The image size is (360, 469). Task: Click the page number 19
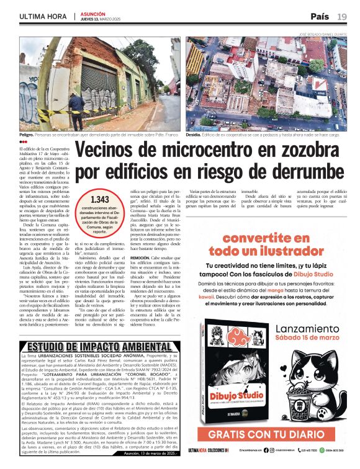pyautogui.click(x=342, y=16)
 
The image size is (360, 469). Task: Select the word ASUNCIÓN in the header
pyautogui.click(x=92, y=12)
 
